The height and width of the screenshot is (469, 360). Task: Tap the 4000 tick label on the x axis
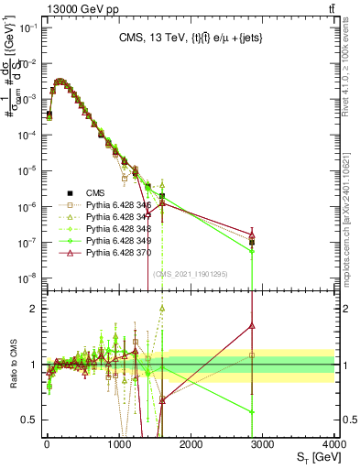pyautogui.click(x=334, y=444)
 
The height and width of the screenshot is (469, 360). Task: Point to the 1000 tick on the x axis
pyautogui.click(x=118, y=444)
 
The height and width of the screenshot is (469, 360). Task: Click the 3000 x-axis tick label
pyautogui.click(x=262, y=444)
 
